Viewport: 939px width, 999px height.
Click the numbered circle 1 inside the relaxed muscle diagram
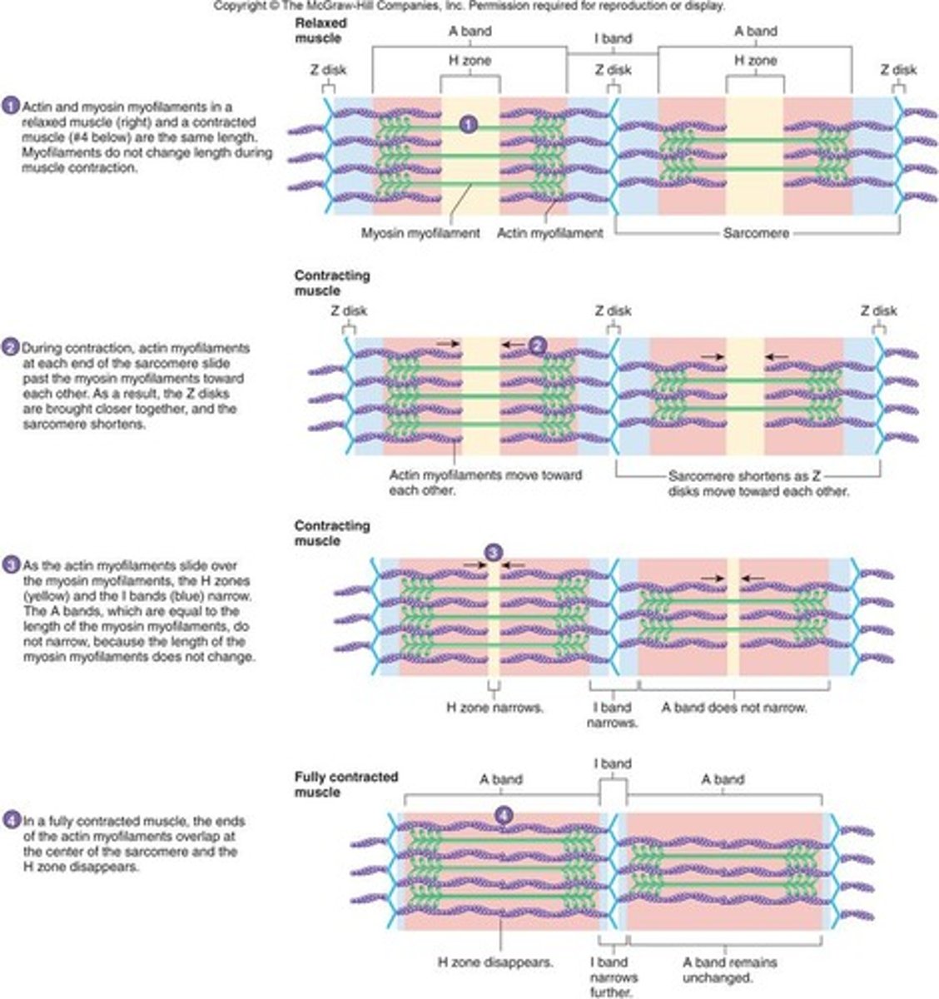[469, 124]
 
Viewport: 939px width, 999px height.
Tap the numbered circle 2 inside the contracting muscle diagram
[538, 344]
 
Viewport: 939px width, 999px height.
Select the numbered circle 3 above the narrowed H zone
[494, 552]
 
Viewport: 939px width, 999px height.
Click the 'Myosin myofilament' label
[421, 233]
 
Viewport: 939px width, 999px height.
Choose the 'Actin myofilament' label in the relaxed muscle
[549, 233]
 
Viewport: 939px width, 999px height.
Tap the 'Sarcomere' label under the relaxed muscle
[756, 234]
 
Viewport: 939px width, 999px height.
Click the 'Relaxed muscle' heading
[320, 31]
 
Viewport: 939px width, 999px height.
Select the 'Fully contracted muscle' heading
[346, 784]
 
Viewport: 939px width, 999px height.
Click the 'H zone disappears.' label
[496, 962]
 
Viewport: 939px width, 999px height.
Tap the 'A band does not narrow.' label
[734, 708]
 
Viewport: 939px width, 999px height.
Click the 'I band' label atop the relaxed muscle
[613, 38]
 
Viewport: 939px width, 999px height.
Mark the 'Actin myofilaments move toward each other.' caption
[485, 483]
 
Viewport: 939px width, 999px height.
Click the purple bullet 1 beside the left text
[11, 107]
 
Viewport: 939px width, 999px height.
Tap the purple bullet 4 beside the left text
[11, 822]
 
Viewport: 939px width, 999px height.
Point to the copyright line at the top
[469, 6]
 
